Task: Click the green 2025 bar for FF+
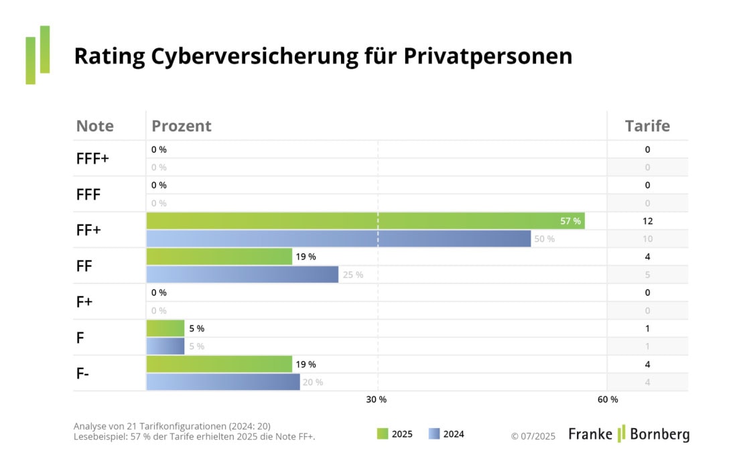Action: coord(365,220)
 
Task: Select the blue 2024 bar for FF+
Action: coord(338,239)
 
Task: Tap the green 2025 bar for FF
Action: coord(219,257)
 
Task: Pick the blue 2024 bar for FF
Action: coord(242,275)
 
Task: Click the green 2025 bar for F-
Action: coord(219,364)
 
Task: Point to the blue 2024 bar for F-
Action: coord(222,382)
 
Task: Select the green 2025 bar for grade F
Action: coord(165,328)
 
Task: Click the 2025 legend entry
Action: coord(395,434)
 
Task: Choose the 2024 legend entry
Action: coord(446,434)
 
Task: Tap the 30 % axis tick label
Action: coord(376,400)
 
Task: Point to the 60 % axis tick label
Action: coord(607,400)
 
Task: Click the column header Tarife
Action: coord(647,126)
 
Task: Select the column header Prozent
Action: coord(182,126)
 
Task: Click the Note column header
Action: coord(95,126)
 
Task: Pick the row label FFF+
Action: coord(93,159)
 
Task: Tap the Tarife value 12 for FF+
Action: coord(647,220)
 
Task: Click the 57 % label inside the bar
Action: coord(570,220)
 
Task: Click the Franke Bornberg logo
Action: coord(628,434)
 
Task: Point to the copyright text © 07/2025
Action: coord(533,436)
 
